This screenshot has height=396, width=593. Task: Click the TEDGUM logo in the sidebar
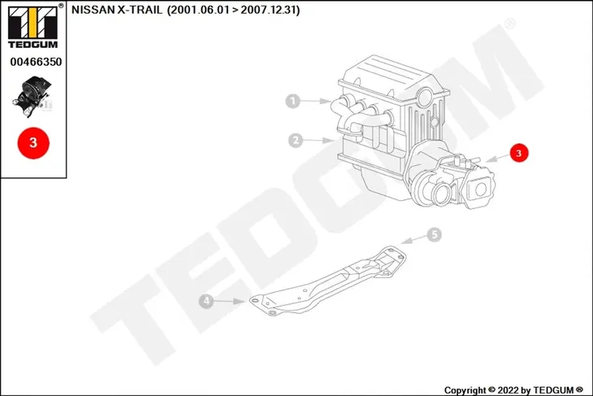point(33,27)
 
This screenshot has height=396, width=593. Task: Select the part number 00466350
point(36,62)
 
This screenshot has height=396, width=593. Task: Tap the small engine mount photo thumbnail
point(32,96)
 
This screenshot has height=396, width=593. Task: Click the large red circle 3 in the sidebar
point(33,143)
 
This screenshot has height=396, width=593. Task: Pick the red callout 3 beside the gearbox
point(518,153)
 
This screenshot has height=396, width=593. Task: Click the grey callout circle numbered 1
point(292,101)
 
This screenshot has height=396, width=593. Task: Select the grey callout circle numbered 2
point(296,141)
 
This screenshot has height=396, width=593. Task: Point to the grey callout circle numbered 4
point(206,302)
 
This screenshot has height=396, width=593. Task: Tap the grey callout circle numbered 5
point(434,235)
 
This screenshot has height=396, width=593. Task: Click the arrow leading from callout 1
point(316,101)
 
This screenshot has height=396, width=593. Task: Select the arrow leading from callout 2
point(318,141)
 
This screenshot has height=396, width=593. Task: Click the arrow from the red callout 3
point(497,159)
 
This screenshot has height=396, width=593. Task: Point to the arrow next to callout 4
point(230,302)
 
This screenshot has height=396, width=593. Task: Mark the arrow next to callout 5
point(413,239)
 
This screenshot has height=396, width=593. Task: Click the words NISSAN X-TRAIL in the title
point(117,10)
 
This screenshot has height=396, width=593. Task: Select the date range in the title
point(233,10)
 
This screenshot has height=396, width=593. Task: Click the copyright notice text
point(513,390)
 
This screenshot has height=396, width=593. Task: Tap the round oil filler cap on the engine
point(425,97)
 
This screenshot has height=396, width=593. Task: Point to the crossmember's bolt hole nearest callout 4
point(255,301)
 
